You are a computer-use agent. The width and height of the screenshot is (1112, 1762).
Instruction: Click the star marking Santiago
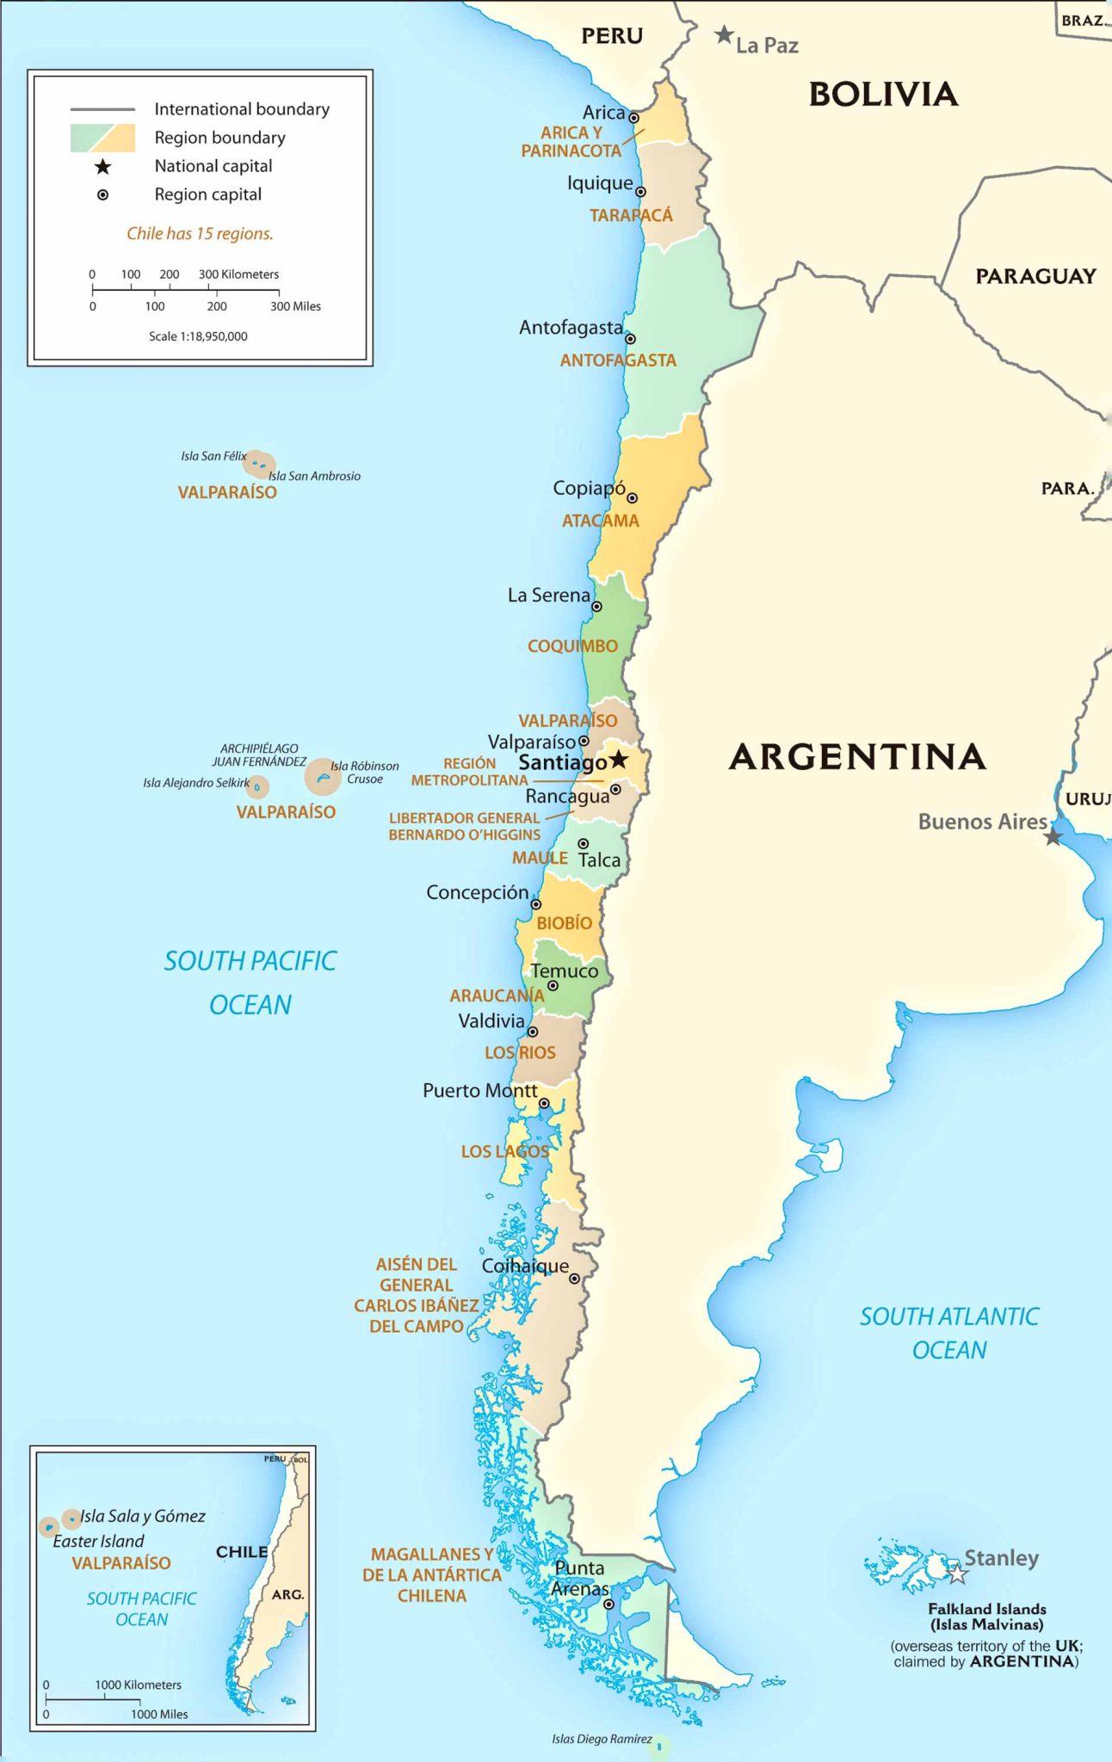tap(618, 761)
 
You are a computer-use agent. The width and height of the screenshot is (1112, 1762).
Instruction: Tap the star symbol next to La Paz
tap(724, 35)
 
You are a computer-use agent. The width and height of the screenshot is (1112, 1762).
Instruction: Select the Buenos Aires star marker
tap(1053, 836)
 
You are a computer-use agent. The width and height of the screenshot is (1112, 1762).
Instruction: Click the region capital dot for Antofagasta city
tap(630, 339)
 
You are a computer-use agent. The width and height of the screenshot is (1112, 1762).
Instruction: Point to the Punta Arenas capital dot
tap(608, 1604)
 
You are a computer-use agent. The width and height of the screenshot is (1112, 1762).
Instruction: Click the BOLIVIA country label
tap(883, 94)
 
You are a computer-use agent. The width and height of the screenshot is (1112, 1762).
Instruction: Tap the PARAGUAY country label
tap(1035, 276)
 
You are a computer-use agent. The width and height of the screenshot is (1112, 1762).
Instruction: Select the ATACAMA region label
tap(600, 521)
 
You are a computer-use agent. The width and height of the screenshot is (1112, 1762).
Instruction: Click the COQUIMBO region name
tap(572, 646)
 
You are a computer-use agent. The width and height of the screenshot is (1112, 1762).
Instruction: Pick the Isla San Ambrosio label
tap(314, 476)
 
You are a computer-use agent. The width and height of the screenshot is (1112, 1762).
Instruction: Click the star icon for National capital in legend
tap(102, 166)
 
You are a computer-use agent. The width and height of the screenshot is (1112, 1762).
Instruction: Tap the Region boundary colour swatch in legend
tap(102, 138)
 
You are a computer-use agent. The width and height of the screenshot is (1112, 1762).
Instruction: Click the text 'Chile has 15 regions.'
tap(200, 233)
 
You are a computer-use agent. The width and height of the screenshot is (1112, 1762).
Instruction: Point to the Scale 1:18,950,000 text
tap(198, 336)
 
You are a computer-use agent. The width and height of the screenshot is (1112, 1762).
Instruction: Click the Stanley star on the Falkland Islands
tap(957, 1574)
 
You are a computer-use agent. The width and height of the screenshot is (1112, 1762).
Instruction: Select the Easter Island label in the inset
tap(98, 1541)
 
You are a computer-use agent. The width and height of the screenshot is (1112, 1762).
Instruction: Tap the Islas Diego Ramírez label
tap(602, 1739)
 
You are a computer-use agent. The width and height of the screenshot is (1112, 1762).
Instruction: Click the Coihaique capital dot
tap(574, 1279)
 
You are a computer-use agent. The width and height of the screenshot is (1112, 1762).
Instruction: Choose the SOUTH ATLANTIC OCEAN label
tap(948, 1333)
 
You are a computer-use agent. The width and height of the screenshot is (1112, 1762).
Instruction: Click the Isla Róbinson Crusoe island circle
tap(323, 777)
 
